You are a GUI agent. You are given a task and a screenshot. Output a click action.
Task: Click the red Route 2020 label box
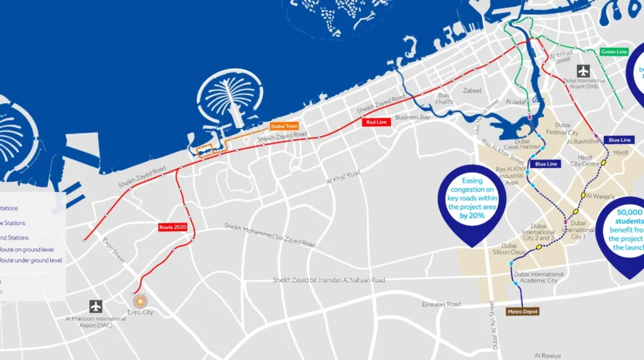172,227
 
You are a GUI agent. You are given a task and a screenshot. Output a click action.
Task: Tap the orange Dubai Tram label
284,126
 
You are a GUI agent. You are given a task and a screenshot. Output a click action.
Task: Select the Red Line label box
376,123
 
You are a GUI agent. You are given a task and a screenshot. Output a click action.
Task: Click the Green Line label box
614,52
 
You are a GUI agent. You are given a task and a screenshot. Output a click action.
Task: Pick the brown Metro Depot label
523,311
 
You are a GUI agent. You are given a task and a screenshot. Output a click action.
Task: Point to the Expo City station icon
140,301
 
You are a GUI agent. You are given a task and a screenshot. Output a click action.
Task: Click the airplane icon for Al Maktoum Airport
96,306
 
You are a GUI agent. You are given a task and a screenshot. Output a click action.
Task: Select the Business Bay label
413,117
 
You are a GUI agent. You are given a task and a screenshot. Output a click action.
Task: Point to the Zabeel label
471,90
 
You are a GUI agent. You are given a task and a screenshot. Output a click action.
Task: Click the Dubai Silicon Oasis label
508,252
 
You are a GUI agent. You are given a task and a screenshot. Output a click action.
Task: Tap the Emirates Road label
441,304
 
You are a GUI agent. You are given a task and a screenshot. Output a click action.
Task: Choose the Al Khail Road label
342,178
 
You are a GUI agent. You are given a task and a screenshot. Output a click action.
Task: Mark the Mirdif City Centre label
585,161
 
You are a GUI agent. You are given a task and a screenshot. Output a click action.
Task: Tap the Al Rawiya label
550,355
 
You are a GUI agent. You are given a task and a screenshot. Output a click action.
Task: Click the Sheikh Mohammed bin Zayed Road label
269,235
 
